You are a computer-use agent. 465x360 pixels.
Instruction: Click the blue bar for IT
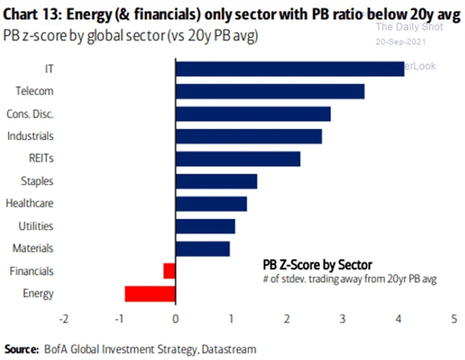(x=289, y=68)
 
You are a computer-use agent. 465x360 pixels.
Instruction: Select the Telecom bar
(x=270, y=92)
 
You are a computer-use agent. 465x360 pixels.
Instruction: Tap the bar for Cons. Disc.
(x=253, y=114)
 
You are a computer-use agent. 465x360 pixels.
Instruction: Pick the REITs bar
(x=238, y=159)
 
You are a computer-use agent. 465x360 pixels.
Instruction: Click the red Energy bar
(x=150, y=294)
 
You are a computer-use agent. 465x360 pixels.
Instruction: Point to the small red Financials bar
(x=169, y=271)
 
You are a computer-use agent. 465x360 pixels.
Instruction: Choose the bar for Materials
(x=203, y=249)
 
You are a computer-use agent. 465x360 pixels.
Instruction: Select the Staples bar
(x=216, y=181)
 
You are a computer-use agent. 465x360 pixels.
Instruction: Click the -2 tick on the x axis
(x=63, y=318)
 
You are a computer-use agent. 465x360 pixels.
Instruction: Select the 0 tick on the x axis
(x=175, y=318)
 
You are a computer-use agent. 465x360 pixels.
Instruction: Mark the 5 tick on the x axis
(x=454, y=318)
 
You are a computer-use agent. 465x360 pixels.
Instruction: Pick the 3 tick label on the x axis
(x=343, y=318)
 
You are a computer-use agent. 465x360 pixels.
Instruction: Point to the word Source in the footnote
(x=22, y=348)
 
